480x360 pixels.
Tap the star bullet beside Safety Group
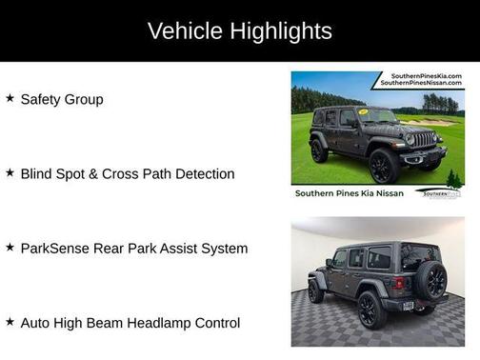pyautogui.click(x=10, y=98)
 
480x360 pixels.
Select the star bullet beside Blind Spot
pyautogui.click(x=10, y=173)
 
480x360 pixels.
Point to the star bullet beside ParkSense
pyautogui.click(x=10, y=248)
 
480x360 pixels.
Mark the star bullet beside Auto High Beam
pyautogui.click(x=10, y=323)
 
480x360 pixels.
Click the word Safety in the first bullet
pyautogui.click(x=41, y=99)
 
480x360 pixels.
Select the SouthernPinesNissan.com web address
pyautogui.click(x=421, y=84)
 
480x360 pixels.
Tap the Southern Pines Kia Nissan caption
pyautogui.click(x=350, y=193)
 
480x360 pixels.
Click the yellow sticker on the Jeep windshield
pyautogui.click(x=364, y=112)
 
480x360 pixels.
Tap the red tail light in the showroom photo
pyautogui.click(x=401, y=283)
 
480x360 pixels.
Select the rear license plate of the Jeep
pyautogui.click(x=408, y=306)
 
